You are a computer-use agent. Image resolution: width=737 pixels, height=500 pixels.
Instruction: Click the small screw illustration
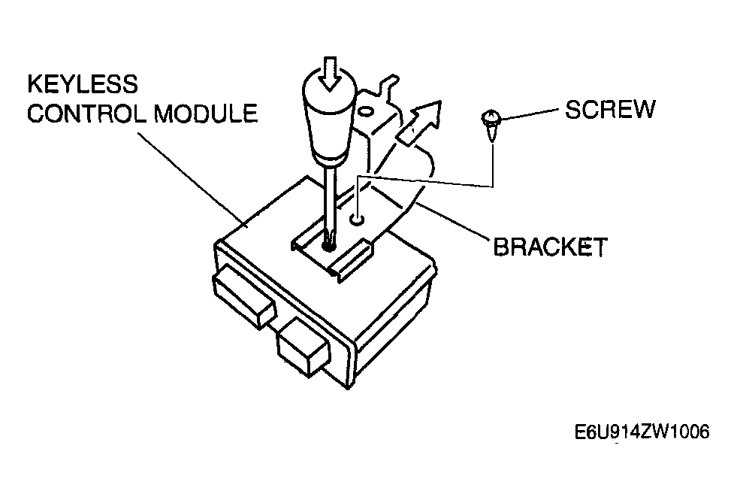click(491, 126)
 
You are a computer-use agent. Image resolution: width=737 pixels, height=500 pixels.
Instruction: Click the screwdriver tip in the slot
click(328, 244)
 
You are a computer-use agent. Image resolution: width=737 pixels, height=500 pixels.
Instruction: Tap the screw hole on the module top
click(358, 220)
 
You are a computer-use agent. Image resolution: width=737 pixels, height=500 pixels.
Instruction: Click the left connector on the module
click(243, 297)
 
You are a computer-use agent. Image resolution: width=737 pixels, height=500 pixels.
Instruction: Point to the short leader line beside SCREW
click(529, 114)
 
